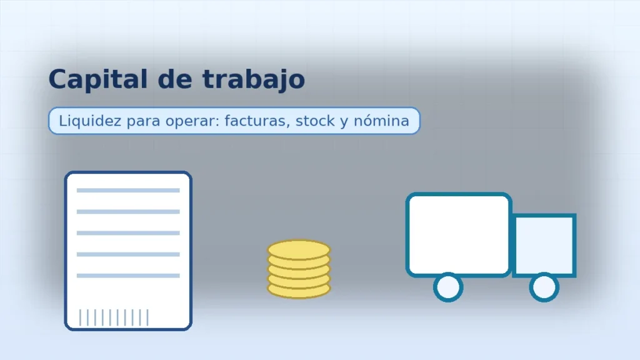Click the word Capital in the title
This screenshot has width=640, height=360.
[x=98, y=79]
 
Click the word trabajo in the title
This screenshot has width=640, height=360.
[x=254, y=79]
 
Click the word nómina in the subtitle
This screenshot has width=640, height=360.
[x=381, y=121]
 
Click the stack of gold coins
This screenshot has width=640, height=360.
[x=299, y=269]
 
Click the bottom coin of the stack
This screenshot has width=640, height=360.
[x=299, y=291]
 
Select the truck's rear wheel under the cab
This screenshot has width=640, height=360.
[x=544, y=287]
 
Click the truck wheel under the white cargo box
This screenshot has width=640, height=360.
[x=448, y=287]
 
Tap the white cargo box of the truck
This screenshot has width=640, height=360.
[x=459, y=235]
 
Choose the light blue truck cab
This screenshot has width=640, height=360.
[x=544, y=246]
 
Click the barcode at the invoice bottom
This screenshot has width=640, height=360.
[x=114, y=317]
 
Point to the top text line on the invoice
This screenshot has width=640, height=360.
[x=128, y=190]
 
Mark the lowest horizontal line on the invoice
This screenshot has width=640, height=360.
[x=128, y=276]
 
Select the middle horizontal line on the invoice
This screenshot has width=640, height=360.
[x=128, y=233]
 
